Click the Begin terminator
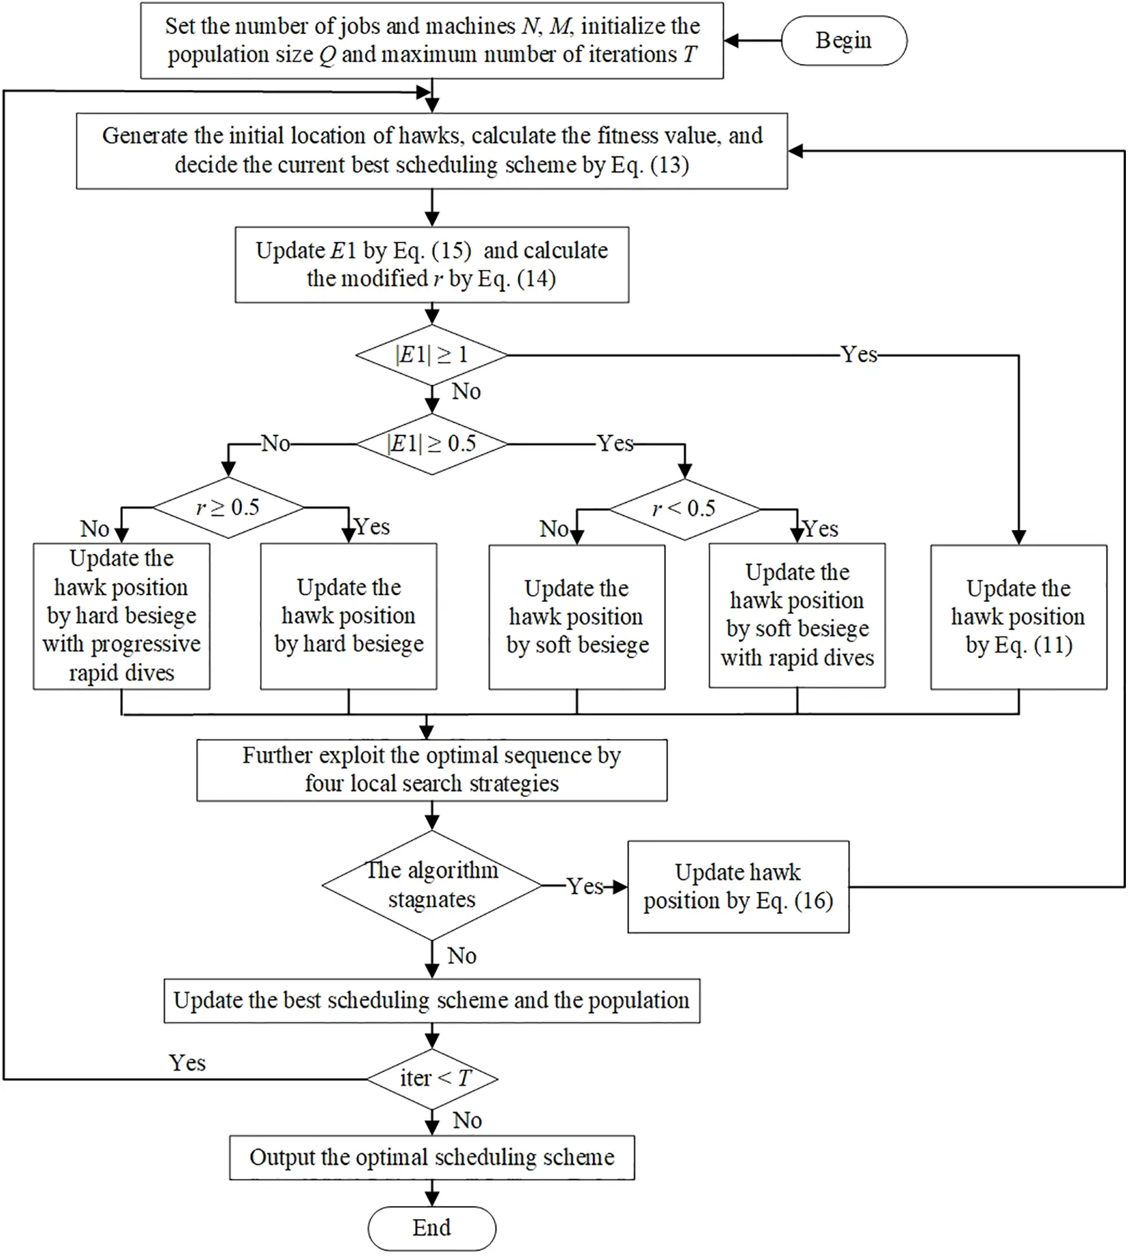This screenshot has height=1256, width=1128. tap(843, 41)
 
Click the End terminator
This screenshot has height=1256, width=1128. tap(431, 1227)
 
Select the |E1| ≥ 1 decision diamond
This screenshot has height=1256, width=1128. tap(431, 355)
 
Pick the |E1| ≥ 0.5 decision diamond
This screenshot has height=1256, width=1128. tap(431, 444)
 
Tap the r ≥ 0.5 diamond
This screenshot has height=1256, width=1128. tap(228, 508)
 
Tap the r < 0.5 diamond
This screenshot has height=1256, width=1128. tap(684, 509)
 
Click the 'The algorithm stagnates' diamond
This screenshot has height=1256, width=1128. tap(431, 885)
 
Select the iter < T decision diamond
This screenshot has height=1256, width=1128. tap(432, 1078)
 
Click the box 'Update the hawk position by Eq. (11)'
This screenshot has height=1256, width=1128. tap(1018, 617)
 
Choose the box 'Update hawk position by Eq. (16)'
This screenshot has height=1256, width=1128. tap(737, 887)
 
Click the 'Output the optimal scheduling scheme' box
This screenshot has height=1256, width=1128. tap(431, 1157)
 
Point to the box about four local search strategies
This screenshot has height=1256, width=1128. tap(431, 769)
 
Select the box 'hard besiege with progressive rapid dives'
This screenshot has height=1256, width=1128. tap(121, 616)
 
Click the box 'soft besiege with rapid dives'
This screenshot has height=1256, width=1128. tap(797, 615)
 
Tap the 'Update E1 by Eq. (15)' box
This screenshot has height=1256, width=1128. tap(431, 264)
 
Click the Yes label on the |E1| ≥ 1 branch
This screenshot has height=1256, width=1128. tap(859, 354)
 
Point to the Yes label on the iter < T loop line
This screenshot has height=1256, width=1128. tap(187, 1062)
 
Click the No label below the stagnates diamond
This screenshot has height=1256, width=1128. tap(461, 955)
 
